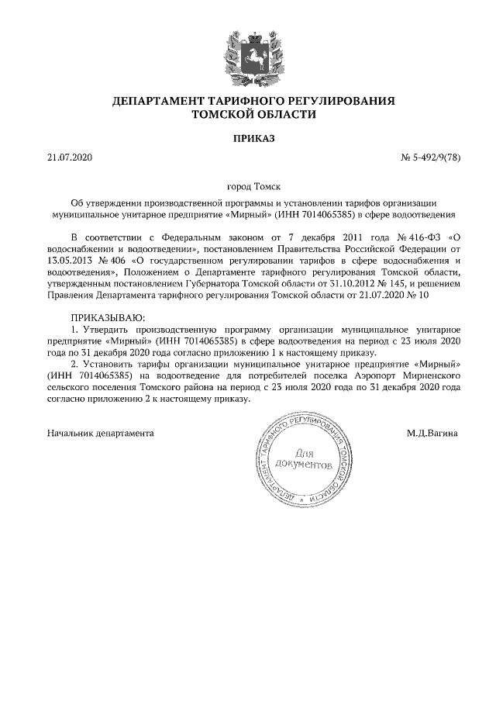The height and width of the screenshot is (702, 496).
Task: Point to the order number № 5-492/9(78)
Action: (x=431, y=159)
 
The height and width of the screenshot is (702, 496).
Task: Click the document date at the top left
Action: (x=70, y=159)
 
